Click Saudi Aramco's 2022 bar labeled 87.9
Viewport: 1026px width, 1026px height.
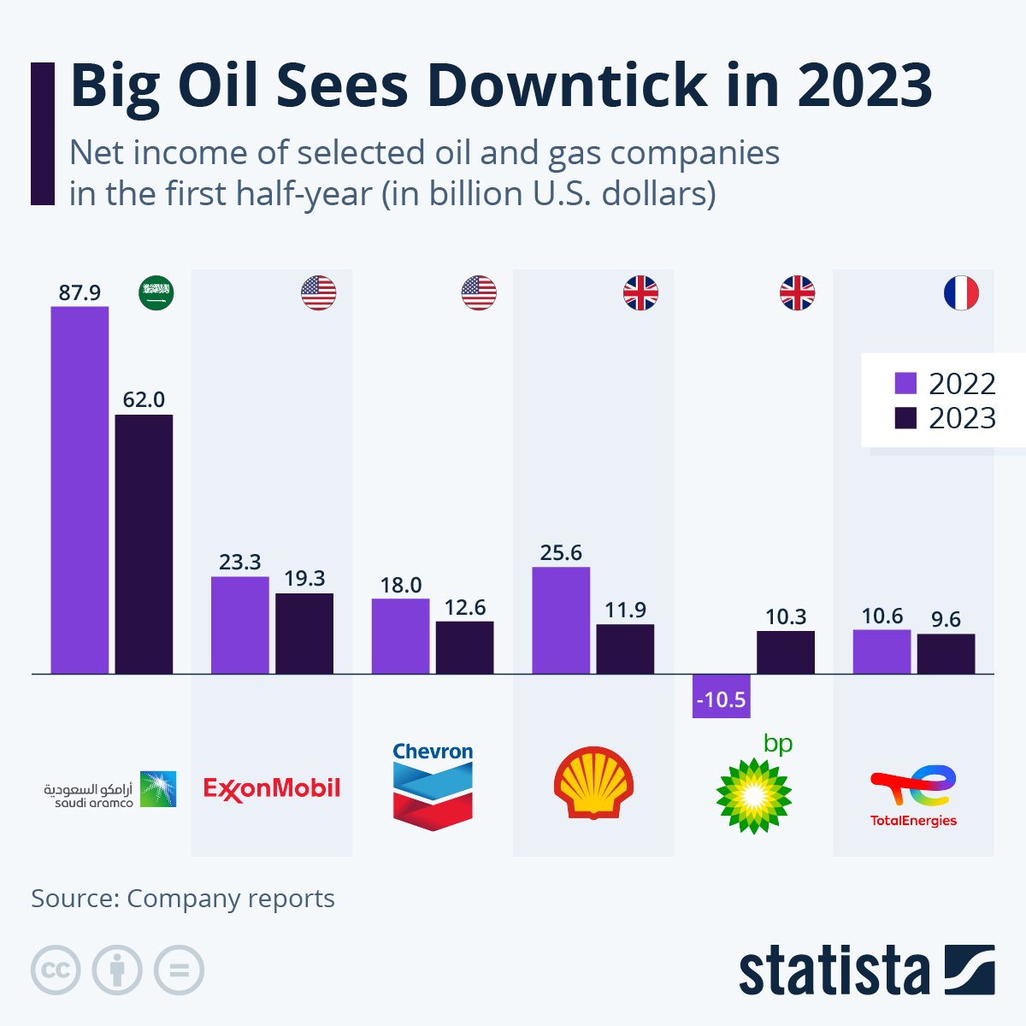(x=80, y=489)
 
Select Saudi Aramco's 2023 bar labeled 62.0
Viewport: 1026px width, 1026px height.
(x=144, y=544)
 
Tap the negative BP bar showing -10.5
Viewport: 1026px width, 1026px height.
(x=721, y=696)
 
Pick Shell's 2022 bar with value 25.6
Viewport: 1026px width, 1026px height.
(x=561, y=620)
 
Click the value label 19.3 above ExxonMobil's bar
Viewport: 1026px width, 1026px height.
(x=304, y=579)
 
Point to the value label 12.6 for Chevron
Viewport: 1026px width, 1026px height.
(x=465, y=607)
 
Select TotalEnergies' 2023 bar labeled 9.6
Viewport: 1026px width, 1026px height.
(x=946, y=653)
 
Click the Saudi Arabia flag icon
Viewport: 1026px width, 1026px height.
(x=156, y=293)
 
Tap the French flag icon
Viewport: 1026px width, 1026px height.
(x=961, y=293)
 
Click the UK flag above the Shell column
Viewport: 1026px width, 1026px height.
(x=640, y=293)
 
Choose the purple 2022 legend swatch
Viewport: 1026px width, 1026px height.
(x=905, y=383)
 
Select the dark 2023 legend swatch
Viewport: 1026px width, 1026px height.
(x=905, y=418)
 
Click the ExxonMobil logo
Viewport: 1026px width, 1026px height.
(x=272, y=787)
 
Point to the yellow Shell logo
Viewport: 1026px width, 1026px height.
(x=593, y=783)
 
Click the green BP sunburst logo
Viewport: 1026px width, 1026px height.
(x=753, y=794)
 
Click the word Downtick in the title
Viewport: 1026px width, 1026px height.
(x=567, y=85)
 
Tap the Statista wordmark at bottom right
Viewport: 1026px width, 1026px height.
(x=834, y=972)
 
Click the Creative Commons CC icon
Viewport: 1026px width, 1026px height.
(x=56, y=970)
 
